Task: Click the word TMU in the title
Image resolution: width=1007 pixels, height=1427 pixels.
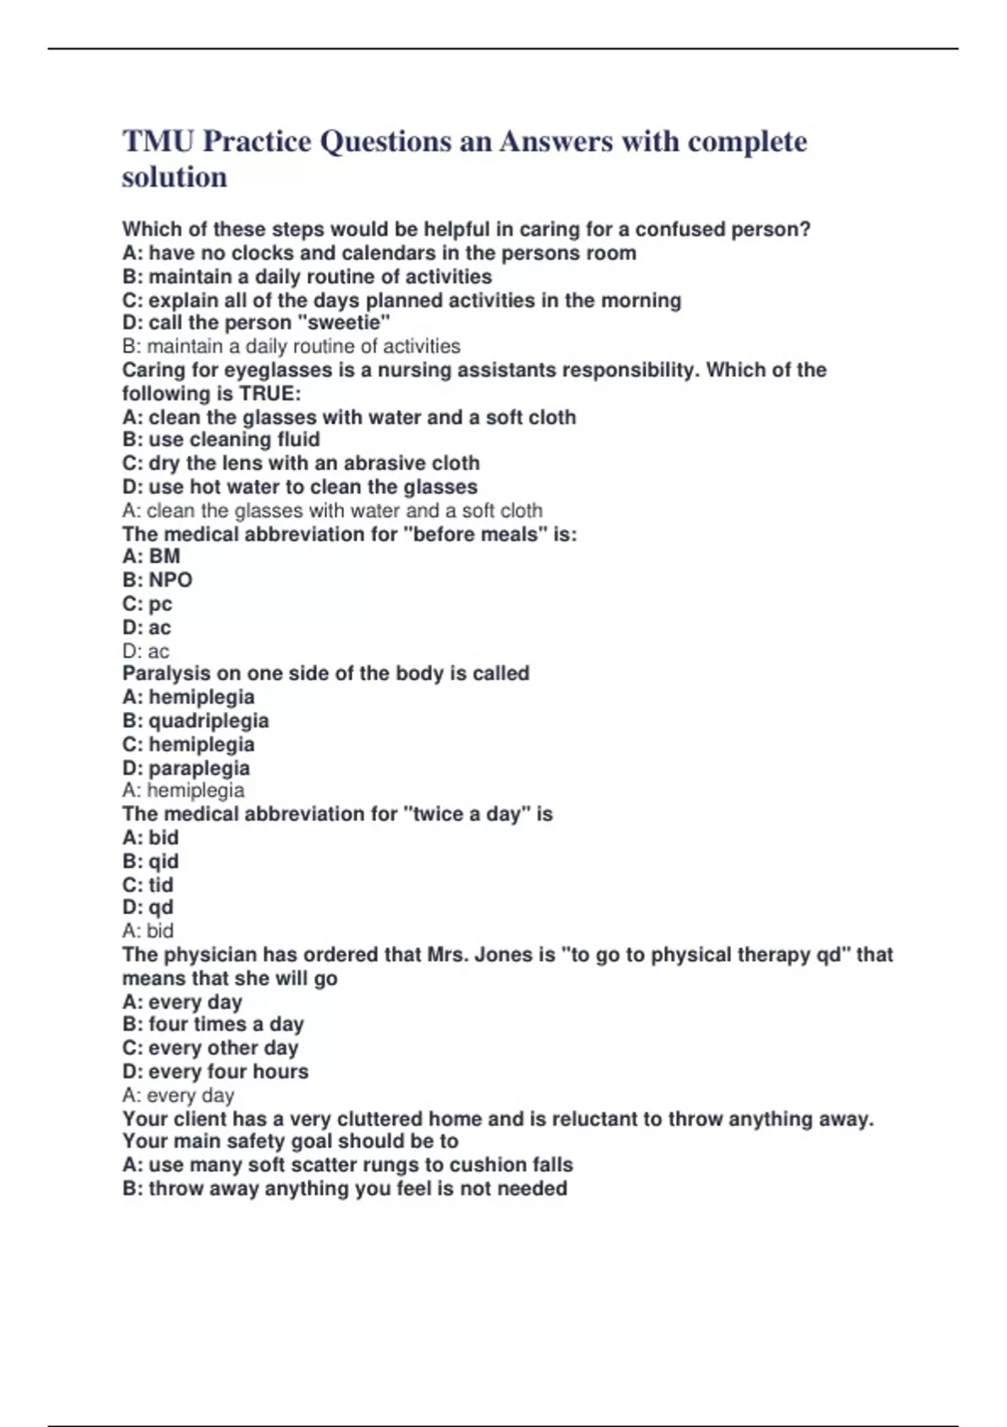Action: [158, 142]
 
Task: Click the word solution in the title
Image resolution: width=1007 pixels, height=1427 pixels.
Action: [175, 178]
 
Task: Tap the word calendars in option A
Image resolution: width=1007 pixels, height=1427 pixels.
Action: [388, 254]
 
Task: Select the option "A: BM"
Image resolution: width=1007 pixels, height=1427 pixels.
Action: [151, 557]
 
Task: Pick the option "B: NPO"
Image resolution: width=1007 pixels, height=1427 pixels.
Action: [157, 580]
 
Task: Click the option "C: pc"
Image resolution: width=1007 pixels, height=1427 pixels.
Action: [147, 604]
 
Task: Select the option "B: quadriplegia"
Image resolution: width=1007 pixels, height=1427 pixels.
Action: [196, 721]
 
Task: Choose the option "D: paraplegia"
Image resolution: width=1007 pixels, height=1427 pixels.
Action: [186, 768]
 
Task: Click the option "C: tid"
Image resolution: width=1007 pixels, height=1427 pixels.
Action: [148, 885]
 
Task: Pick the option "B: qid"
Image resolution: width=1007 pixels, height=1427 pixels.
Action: [150, 861]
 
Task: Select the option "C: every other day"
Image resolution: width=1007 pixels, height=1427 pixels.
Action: [210, 1048]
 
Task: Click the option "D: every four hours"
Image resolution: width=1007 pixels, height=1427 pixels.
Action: [215, 1072]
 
